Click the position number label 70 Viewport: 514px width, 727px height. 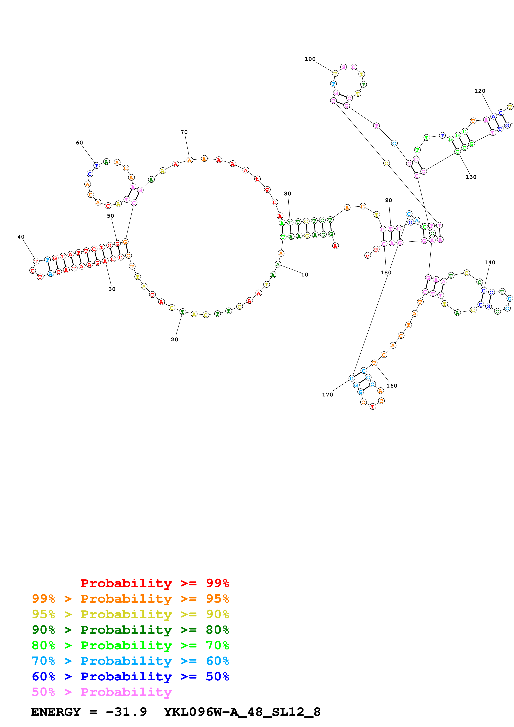[184, 132]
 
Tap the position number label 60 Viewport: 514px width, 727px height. [79, 143]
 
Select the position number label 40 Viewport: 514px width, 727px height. [21, 237]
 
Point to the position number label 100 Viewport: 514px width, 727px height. [310, 59]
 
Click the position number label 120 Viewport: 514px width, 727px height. [480, 91]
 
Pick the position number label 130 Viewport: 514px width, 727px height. [471, 177]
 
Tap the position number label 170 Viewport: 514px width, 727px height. [327, 395]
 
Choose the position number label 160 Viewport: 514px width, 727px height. [392, 386]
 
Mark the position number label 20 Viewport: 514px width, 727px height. [175, 339]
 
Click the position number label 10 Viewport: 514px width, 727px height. [305, 275]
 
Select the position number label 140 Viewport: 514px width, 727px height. [490, 263]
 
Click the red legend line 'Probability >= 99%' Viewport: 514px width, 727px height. [154, 583]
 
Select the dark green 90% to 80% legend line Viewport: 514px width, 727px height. [130, 630]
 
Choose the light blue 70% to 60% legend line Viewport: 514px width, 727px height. [130, 661]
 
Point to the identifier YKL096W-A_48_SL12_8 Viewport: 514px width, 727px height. [242, 712]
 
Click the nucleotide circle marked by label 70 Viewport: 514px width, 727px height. [189, 160]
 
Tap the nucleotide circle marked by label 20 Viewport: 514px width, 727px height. [183, 312]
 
